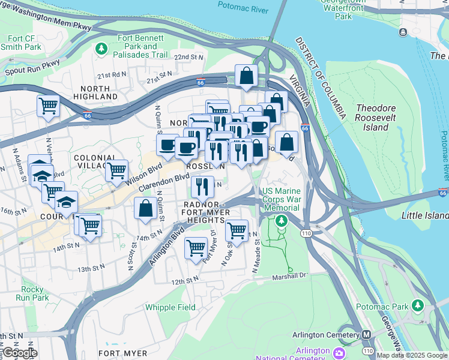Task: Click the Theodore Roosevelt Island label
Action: [376, 118]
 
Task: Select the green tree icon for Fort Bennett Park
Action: [102, 47]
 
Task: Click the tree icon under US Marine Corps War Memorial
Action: [282, 221]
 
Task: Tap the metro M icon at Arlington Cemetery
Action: [366, 335]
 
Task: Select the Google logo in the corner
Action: [20, 353]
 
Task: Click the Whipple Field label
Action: [170, 307]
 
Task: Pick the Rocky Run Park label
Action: [32, 293]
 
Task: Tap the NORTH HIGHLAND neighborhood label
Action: [95, 92]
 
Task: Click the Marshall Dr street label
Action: [288, 275]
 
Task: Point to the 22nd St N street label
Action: [189, 57]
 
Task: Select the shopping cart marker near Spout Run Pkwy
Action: [48, 107]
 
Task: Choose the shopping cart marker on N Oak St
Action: [237, 230]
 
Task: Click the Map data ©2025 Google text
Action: [412, 355]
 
